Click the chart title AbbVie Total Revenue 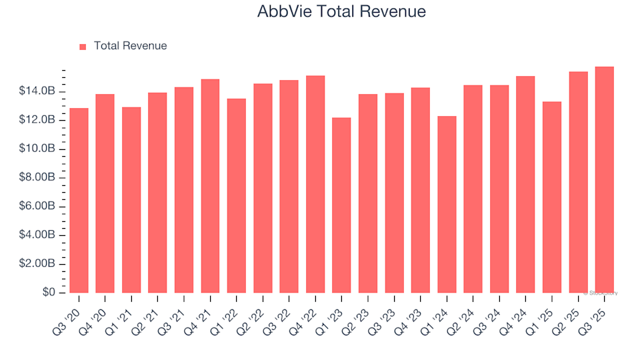[x=341, y=12]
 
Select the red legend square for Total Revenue [x=83, y=47]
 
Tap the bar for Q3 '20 [x=79, y=200]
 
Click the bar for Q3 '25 [x=604, y=180]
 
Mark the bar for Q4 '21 [x=210, y=186]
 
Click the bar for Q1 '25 [x=552, y=197]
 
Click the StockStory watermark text [x=602, y=293]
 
